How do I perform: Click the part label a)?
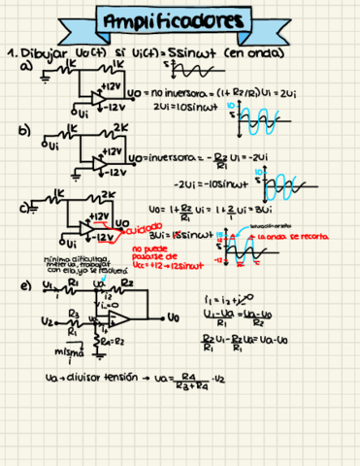coord(25,66)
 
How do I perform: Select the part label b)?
coord(24,128)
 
